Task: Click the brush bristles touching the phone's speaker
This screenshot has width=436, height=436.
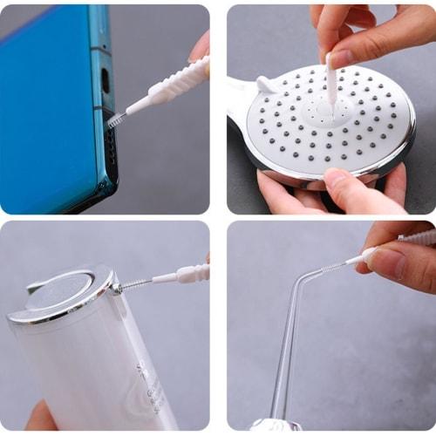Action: tap(113, 120)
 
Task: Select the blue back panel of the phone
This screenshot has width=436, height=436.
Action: tap(44, 105)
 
